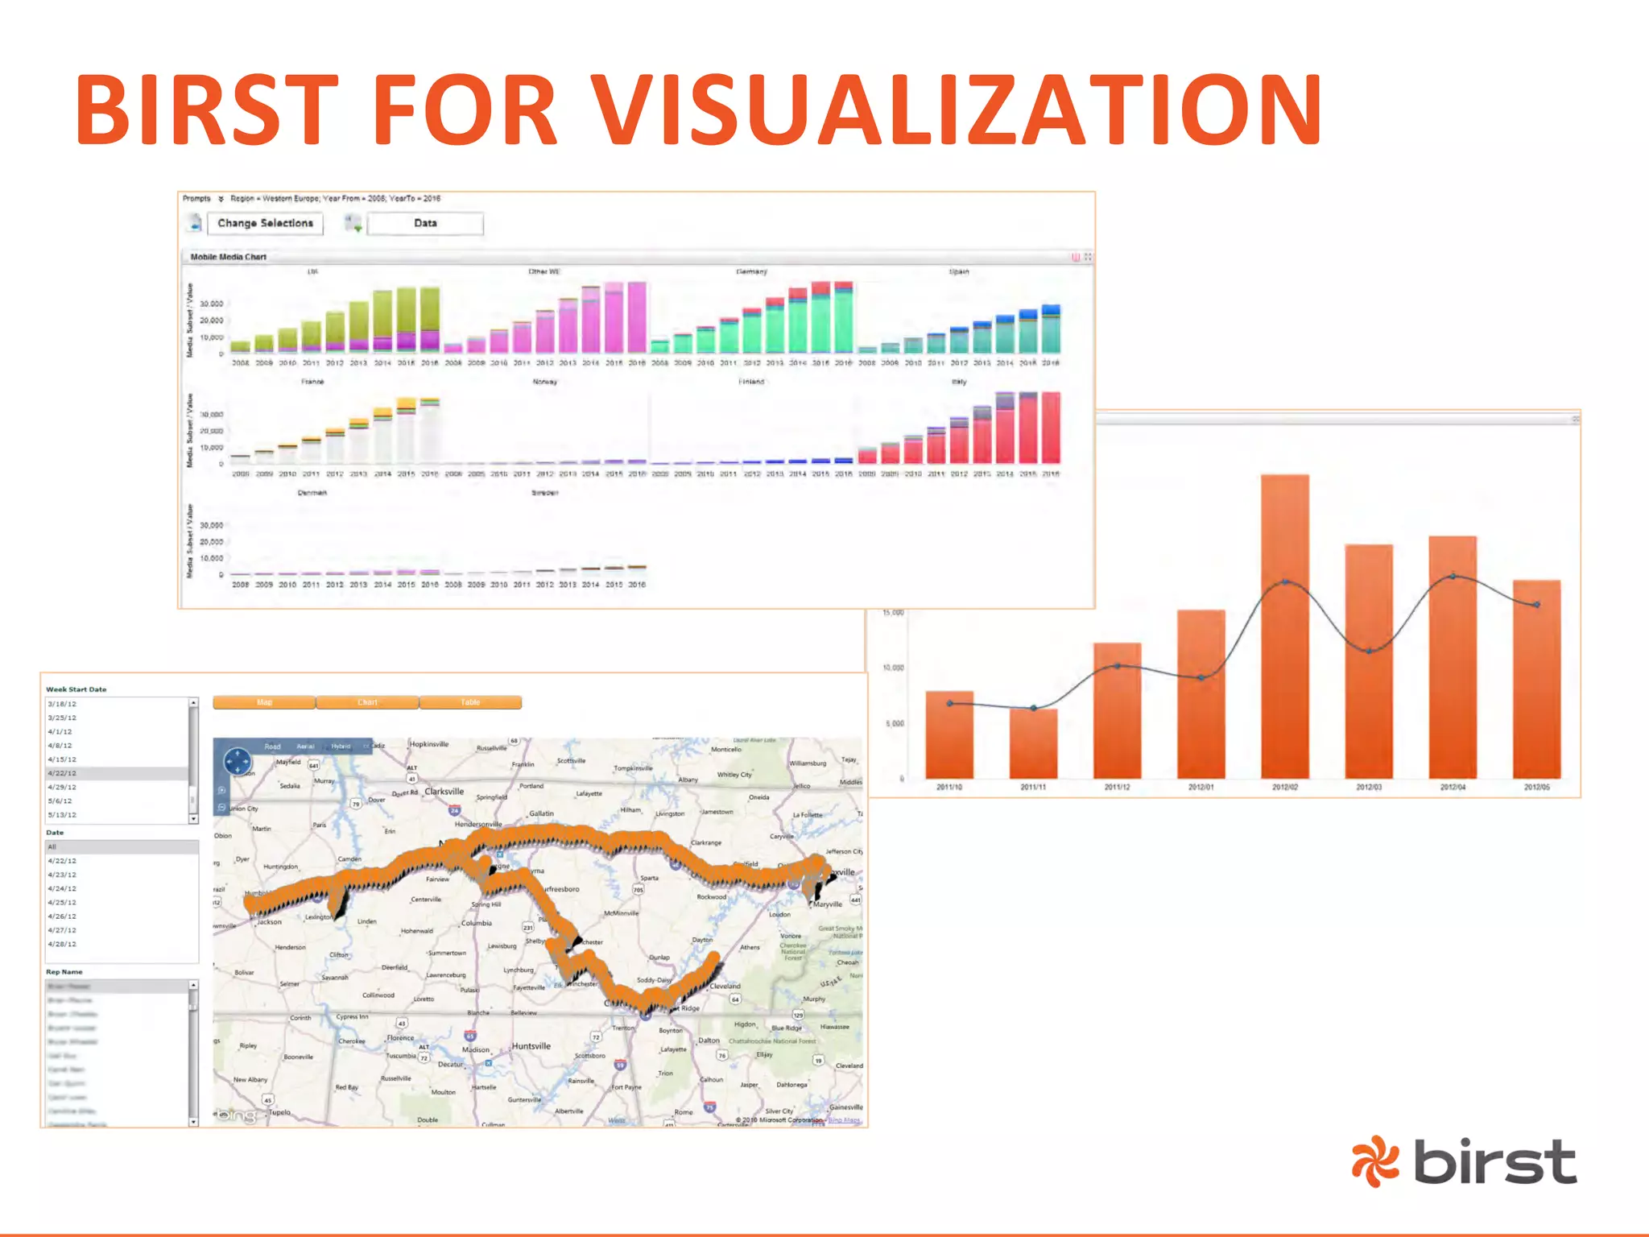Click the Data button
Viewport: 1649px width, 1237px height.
(425, 224)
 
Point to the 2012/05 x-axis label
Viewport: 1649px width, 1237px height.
(1536, 787)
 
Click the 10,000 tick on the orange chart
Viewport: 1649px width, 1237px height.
(893, 668)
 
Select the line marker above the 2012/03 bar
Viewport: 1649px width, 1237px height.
(1369, 651)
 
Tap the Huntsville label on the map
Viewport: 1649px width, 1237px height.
(531, 1046)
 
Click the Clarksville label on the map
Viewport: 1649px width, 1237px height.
(444, 792)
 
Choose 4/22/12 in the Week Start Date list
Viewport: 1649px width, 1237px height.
(62, 773)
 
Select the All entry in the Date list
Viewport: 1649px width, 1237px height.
(52, 847)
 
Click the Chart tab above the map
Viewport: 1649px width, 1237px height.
(367, 702)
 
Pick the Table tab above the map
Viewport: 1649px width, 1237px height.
(470, 702)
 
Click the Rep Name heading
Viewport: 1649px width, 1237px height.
(64, 972)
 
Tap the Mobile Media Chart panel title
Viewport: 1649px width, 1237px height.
(228, 257)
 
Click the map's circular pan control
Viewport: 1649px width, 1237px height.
(238, 761)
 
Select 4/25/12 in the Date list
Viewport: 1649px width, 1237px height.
(62, 903)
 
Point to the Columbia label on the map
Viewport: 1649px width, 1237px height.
(477, 923)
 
